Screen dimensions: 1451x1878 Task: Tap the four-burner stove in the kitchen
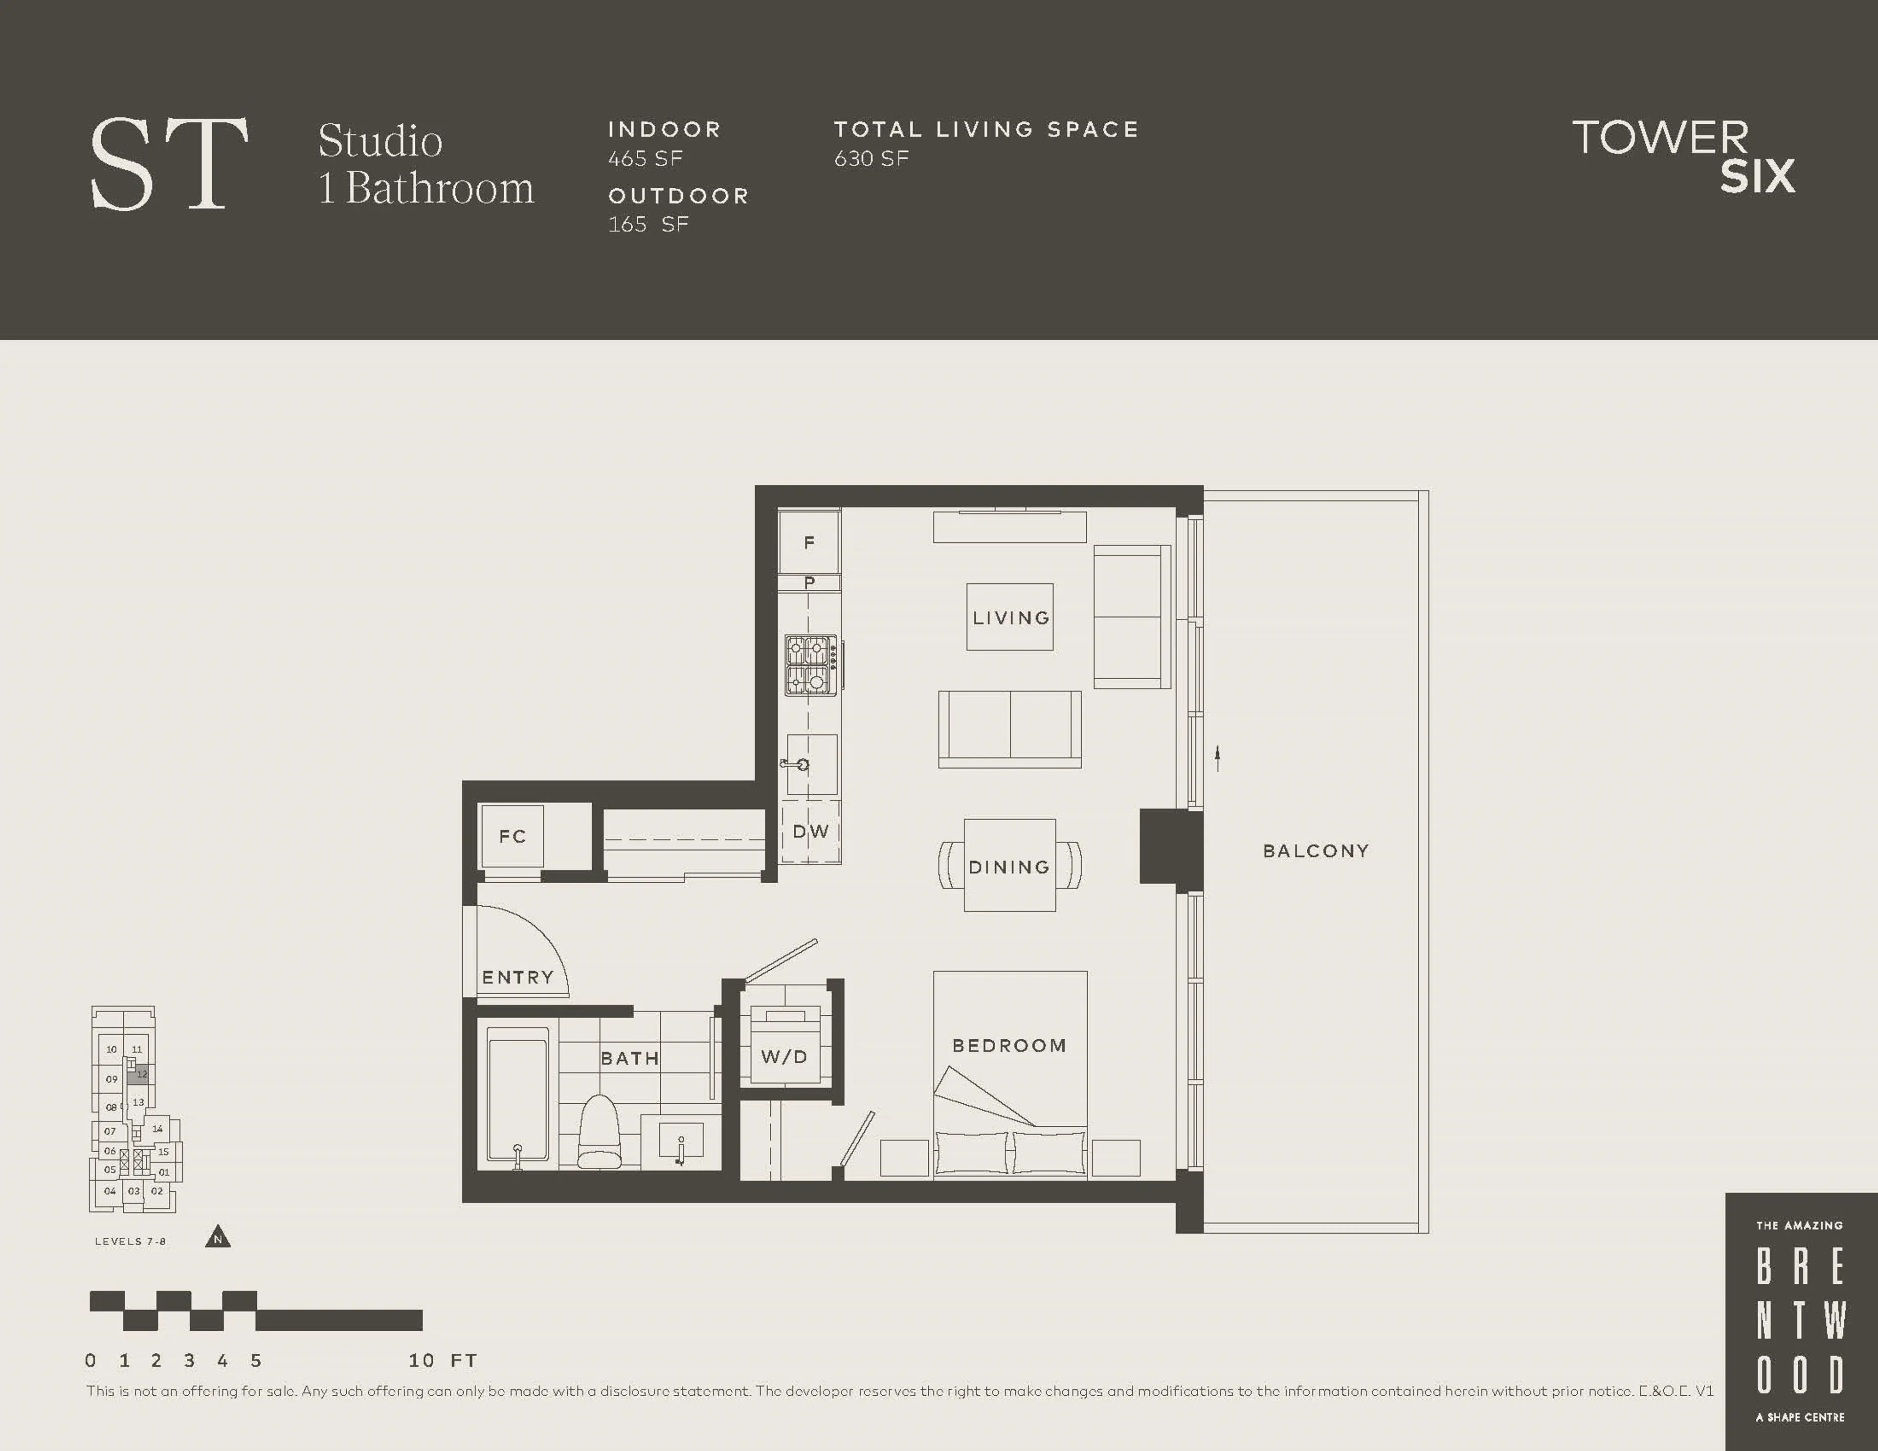[810, 665]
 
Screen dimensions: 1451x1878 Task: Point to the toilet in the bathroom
[599, 1132]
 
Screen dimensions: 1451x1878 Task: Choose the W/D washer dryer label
[783, 1056]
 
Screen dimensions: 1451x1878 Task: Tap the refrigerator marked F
[808, 542]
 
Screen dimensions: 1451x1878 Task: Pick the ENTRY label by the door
[517, 977]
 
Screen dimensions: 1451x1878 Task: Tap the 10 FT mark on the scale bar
[422, 1360]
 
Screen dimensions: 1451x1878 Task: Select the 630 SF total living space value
[871, 158]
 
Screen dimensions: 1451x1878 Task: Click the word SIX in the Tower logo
[1757, 177]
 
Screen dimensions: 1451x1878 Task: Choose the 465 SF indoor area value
[645, 158]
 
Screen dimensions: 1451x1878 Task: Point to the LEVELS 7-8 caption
[130, 1241]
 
